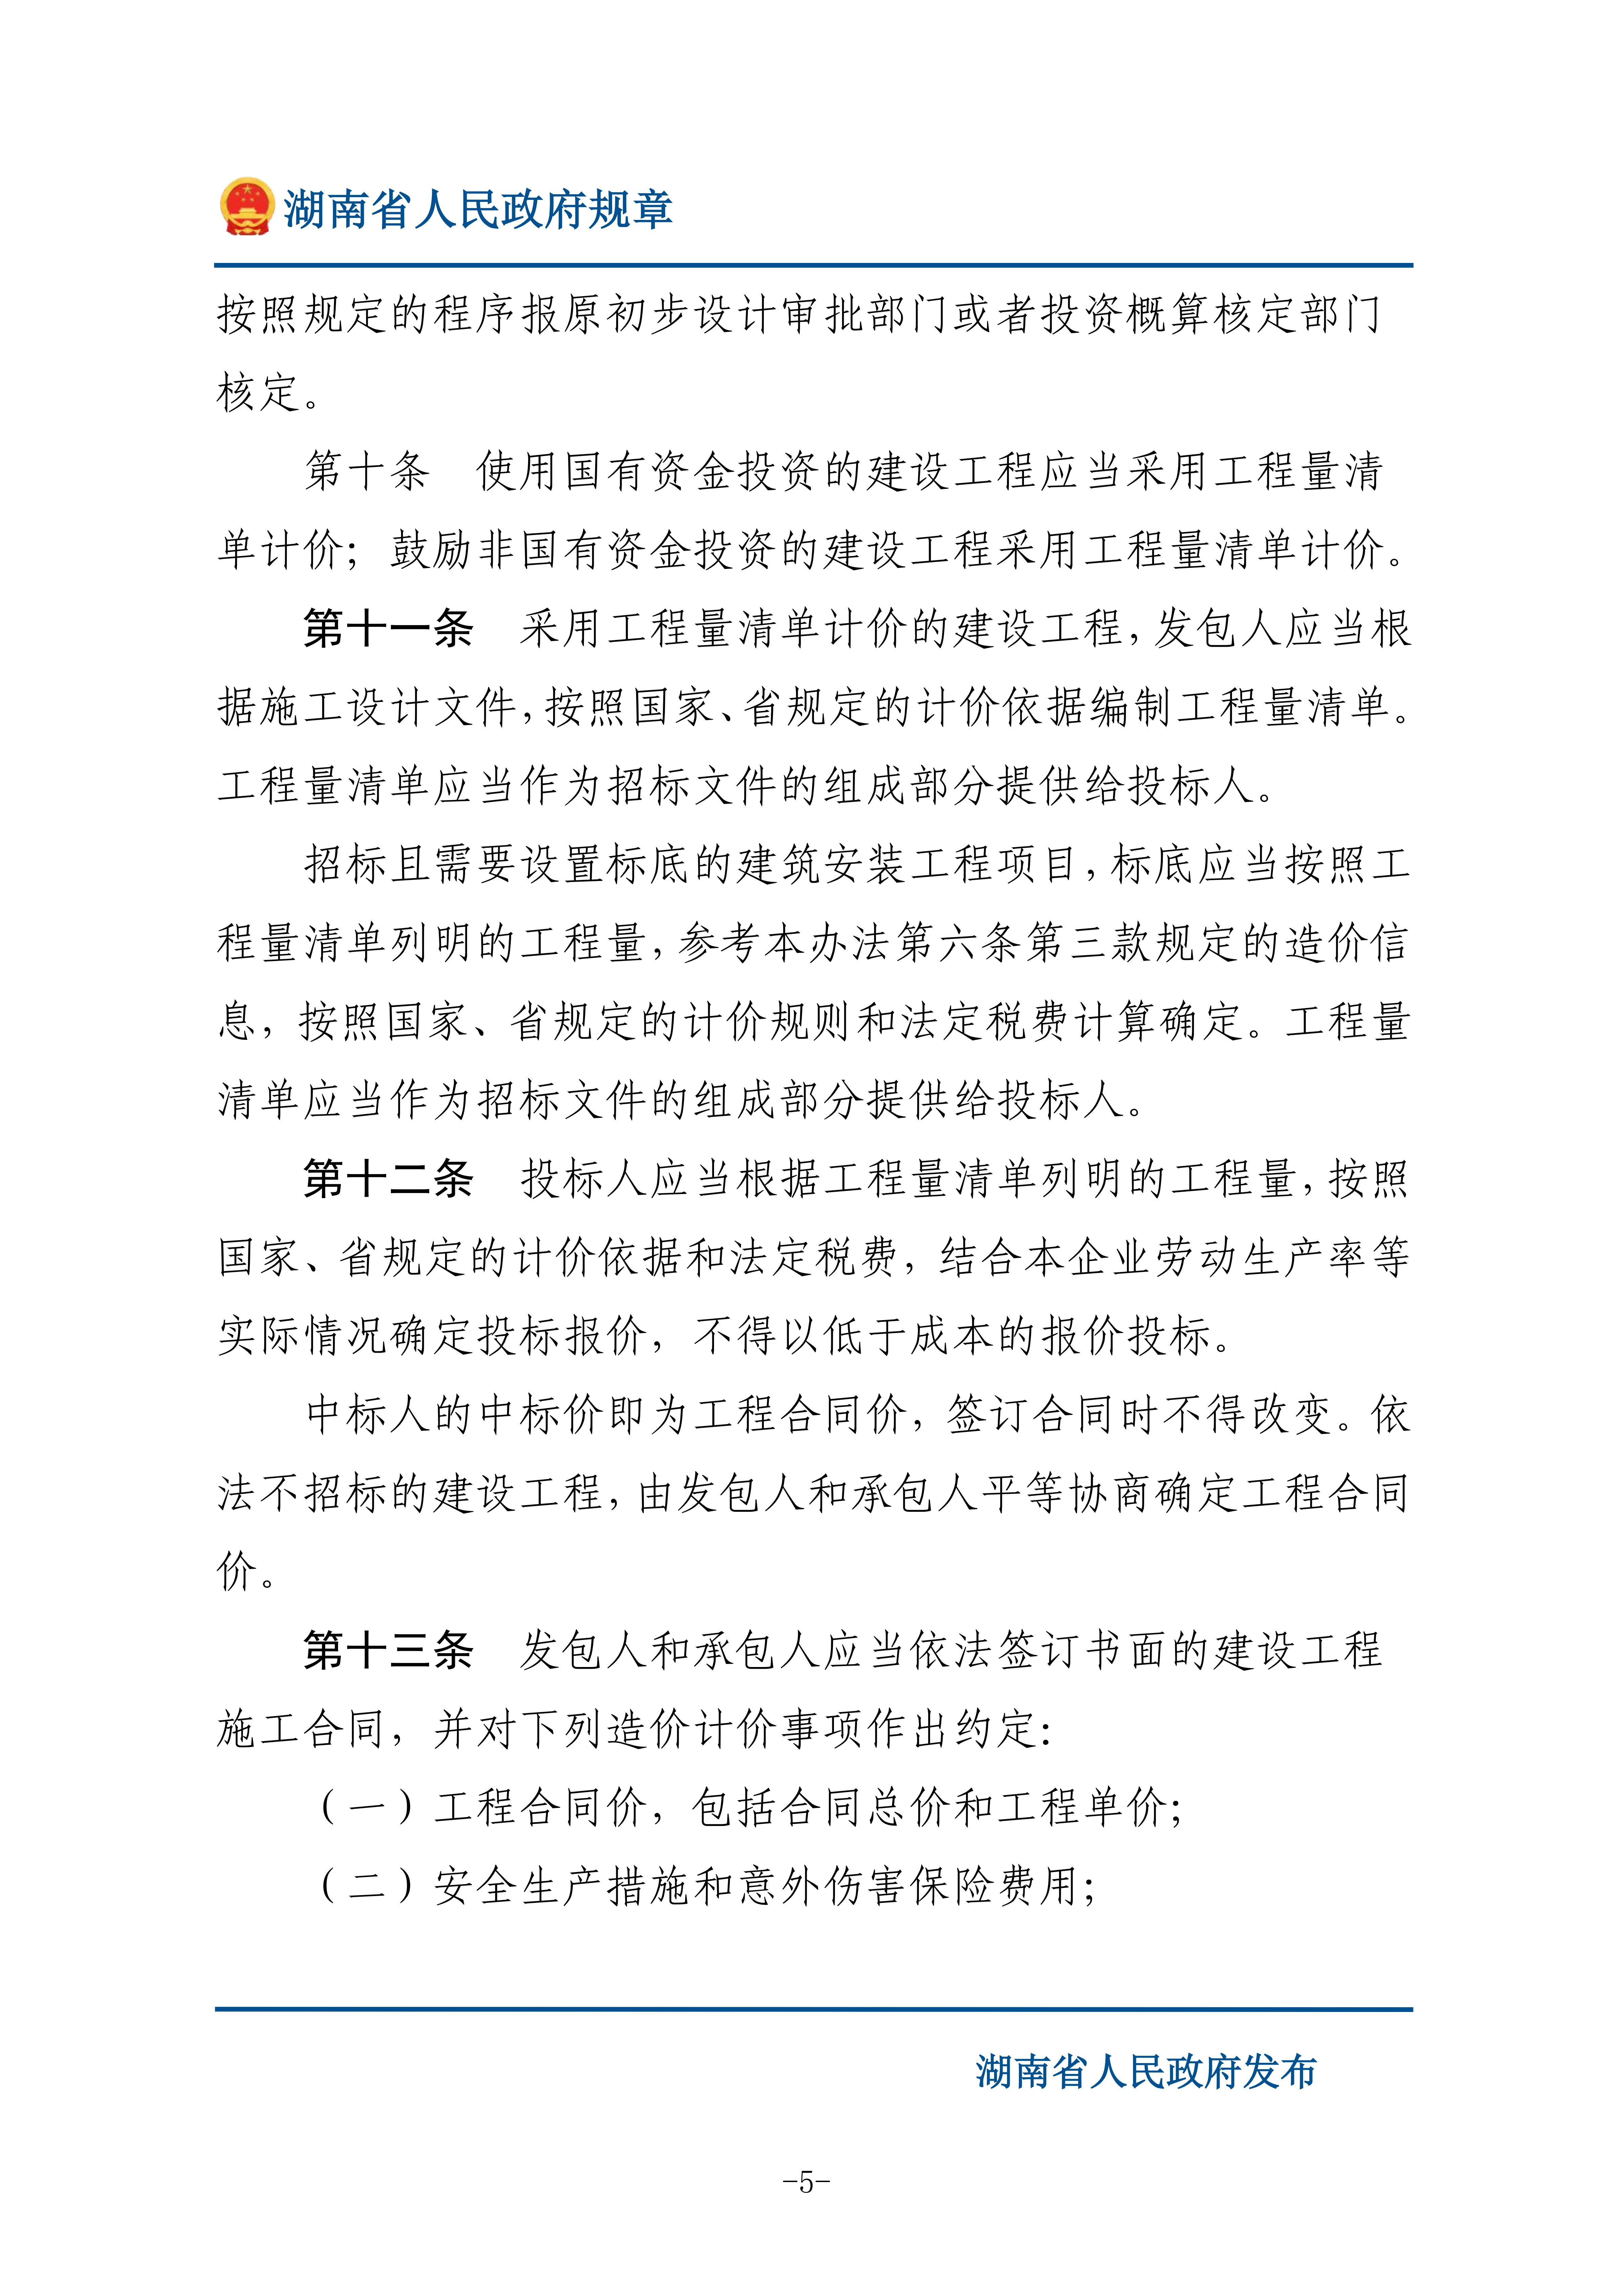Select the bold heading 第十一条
click(387, 628)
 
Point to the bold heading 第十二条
click(387, 1179)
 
